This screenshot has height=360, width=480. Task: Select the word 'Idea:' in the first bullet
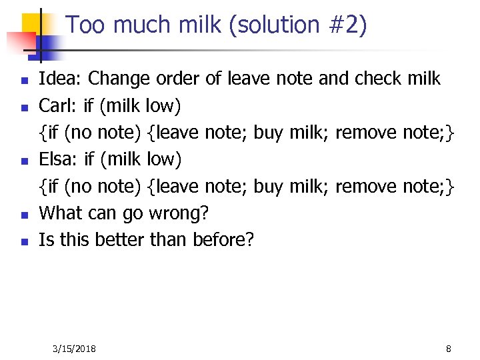tap(61, 79)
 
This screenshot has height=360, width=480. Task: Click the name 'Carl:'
tap(59, 105)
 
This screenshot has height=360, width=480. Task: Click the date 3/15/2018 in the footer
tap(74, 349)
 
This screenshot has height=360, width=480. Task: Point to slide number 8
tap(449, 349)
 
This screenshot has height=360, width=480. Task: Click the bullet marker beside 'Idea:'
tap(24, 81)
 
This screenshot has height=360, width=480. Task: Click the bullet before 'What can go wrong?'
tap(24, 215)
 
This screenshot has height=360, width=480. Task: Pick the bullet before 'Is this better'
tap(24, 242)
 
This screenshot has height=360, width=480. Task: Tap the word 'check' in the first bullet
tap(379, 79)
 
